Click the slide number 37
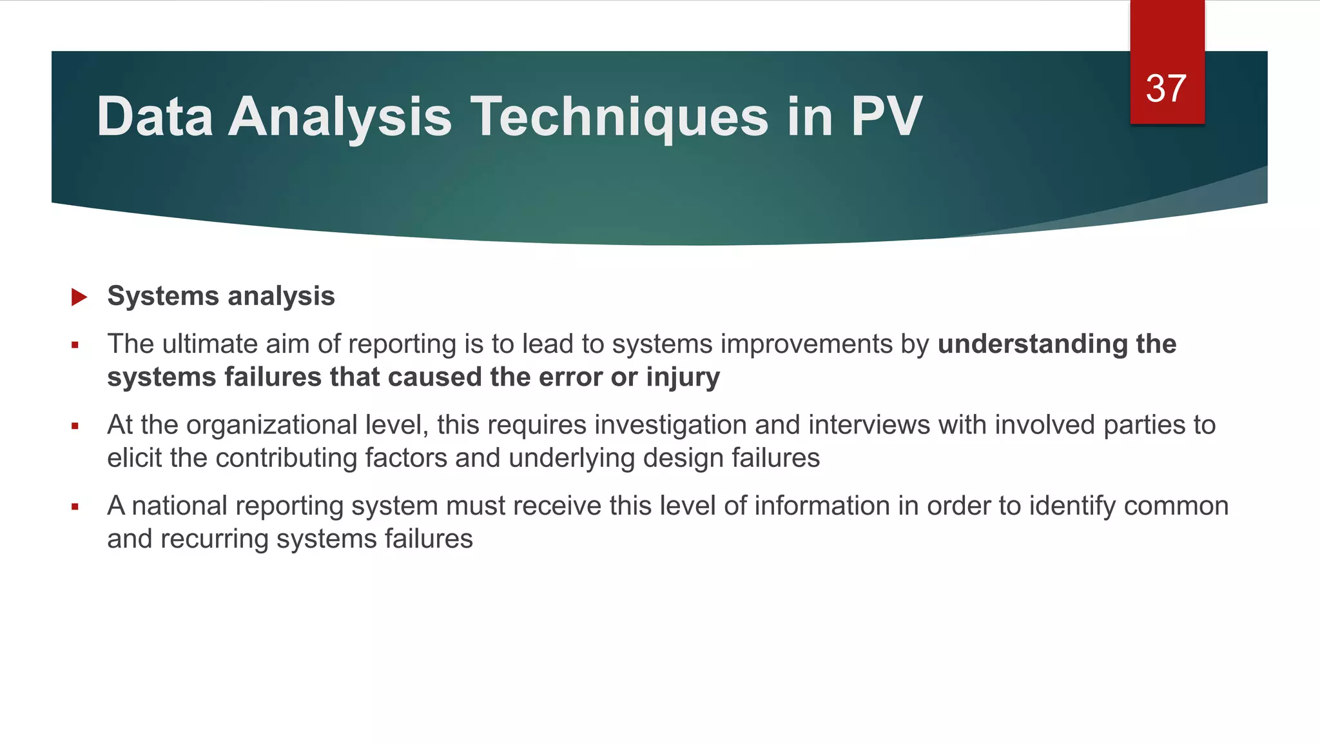pyautogui.click(x=1166, y=88)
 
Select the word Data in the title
pyautogui.click(x=155, y=117)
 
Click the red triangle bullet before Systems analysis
pyautogui.click(x=79, y=297)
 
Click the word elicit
pyautogui.click(x=134, y=458)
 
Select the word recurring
pyautogui.click(x=214, y=539)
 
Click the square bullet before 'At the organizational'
pyautogui.click(x=75, y=426)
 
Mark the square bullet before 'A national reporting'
pyautogui.click(x=75, y=507)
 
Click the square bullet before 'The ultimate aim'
pyautogui.click(x=75, y=346)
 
